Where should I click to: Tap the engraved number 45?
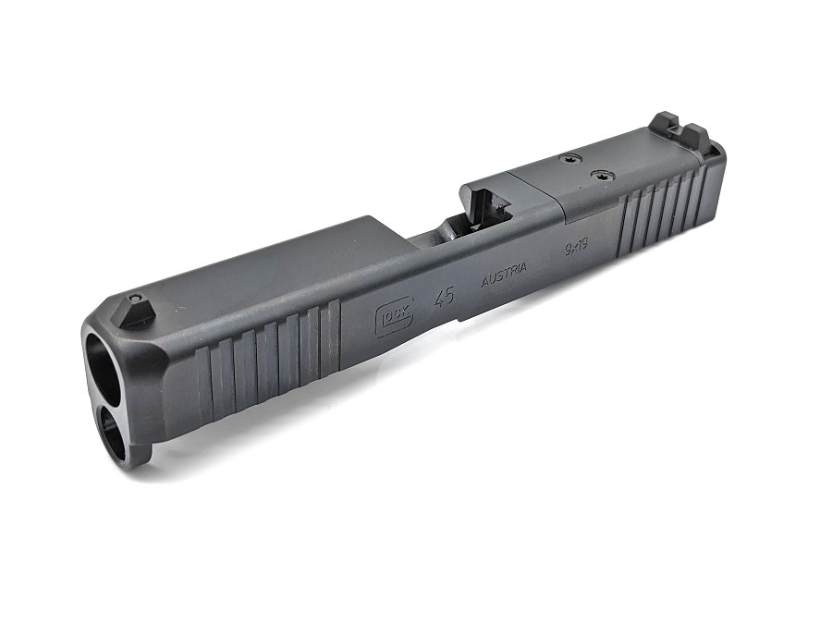445,297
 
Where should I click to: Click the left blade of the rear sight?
664,127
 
